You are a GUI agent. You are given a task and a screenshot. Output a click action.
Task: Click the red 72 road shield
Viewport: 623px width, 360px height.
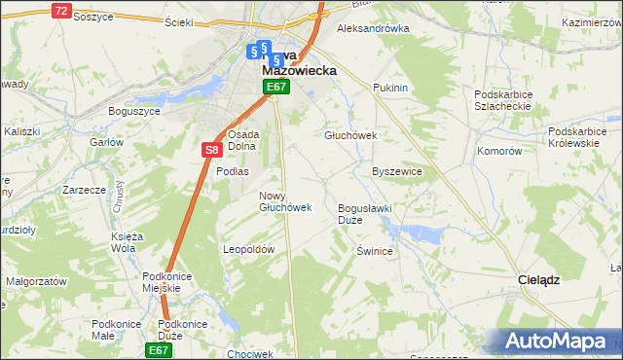pos(62,11)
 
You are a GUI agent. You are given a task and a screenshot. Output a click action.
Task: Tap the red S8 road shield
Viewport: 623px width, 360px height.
pos(213,150)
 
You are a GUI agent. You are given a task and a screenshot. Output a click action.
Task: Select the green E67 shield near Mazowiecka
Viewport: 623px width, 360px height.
pos(276,88)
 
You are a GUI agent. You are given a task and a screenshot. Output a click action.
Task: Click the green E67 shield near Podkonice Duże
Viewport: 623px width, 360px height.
pos(160,349)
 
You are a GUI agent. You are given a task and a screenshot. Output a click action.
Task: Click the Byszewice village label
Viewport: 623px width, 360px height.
pos(397,171)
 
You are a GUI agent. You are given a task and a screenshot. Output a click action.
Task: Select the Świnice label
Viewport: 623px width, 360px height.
pos(374,250)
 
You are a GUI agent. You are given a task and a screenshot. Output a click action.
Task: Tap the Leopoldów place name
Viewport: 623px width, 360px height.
pos(250,249)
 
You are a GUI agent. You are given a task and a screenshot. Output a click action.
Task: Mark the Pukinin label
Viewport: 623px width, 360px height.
pos(389,88)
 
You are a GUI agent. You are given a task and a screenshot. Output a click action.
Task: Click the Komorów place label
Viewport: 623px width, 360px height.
pos(499,152)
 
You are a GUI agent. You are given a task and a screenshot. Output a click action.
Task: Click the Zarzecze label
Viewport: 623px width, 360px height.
pos(84,190)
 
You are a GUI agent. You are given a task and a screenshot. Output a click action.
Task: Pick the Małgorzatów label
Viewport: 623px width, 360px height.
pos(35,280)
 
